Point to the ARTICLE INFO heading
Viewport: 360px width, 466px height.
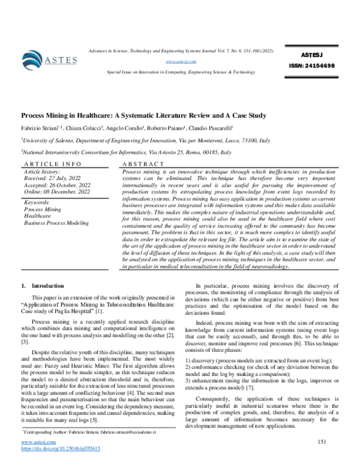[x=48, y=164]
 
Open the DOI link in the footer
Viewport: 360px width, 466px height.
[x=61, y=449]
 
